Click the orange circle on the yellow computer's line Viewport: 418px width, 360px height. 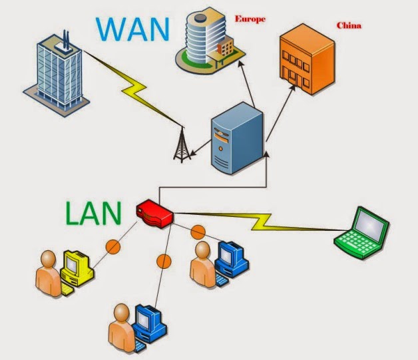pos(113,247)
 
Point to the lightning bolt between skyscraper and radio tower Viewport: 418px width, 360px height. pos(133,86)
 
